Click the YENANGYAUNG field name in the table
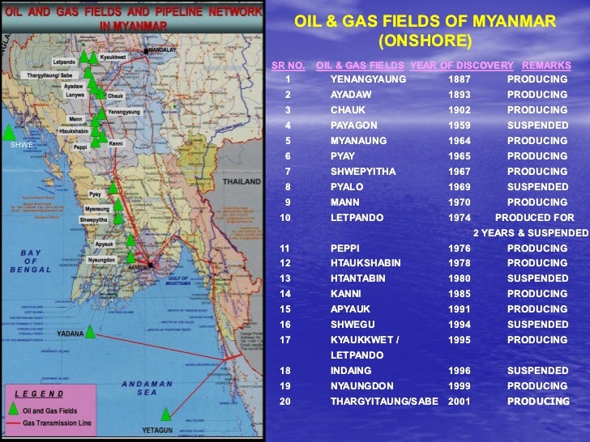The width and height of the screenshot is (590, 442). (x=368, y=79)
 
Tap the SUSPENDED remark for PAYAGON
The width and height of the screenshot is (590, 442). (x=537, y=125)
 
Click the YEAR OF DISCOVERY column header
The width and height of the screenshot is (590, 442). (x=461, y=65)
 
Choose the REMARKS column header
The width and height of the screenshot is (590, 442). (x=545, y=65)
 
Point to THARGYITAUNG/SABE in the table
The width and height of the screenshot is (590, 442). (x=384, y=402)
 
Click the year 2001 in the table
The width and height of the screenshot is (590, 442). (x=459, y=402)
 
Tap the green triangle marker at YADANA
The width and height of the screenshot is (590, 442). (x=91, y=332)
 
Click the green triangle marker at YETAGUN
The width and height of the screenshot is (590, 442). (x=166, y=412)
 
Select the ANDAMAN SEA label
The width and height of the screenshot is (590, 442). (x=142, y=389)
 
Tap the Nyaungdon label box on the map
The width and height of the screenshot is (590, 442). (x=101, y=260)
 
